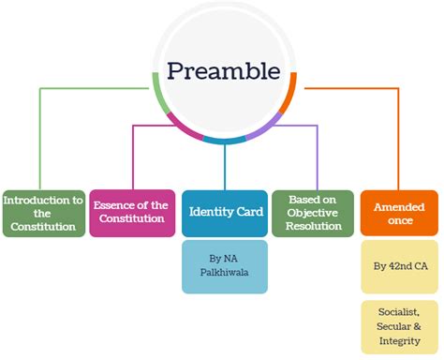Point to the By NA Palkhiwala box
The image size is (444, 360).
pos(224,267)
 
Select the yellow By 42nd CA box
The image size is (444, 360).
pos(400,266)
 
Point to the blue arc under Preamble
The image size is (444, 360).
pos(225,140)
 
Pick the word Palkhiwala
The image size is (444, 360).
pos(224,276)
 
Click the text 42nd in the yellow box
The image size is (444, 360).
pos(399,266)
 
